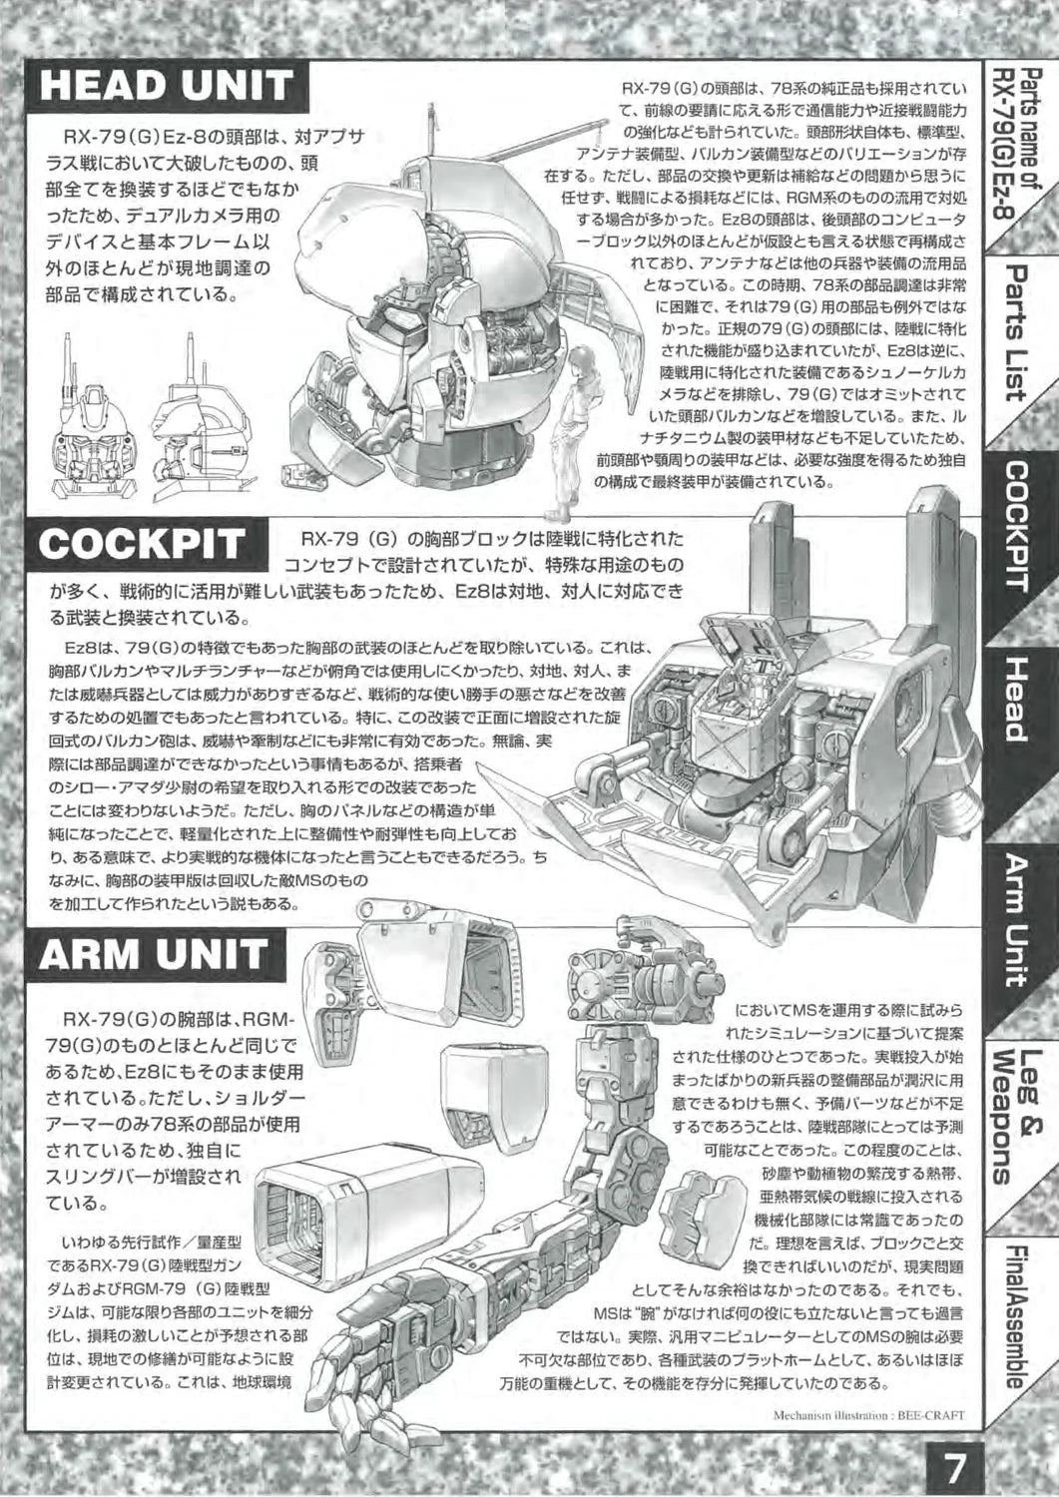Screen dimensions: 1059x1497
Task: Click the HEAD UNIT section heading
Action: (x=167, y=86)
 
